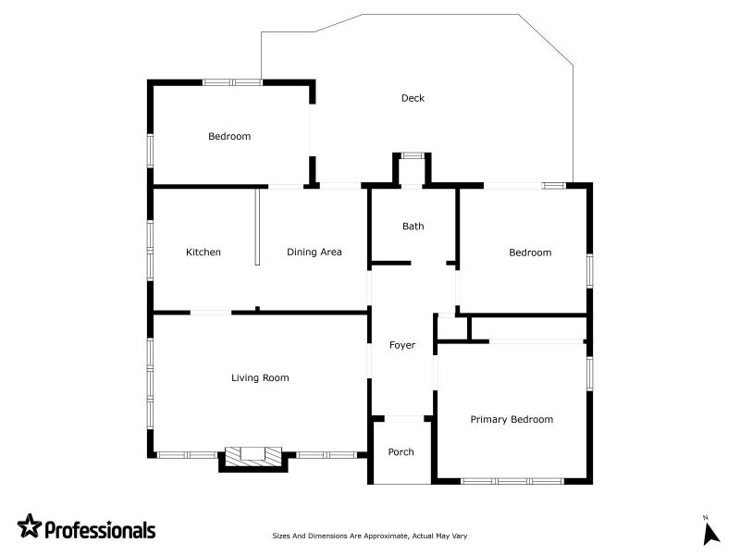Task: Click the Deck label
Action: [413, 98]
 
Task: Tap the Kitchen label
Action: [203, 252]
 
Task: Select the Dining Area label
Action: [314, 252]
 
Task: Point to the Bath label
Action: [413, 226]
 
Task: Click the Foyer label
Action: [402, 345]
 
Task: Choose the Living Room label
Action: [260, 377]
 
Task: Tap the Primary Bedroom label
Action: [512, 419]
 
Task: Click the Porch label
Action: [401, 451]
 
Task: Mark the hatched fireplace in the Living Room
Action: [253, 456]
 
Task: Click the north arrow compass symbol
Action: [710, 532]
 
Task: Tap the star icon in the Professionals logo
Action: [30, 525]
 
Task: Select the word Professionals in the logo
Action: [100, 529]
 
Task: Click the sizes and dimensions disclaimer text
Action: [369, 536]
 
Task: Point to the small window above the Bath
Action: [413, 155]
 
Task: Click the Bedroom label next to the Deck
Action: [229, 136]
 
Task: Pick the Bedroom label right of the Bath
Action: [530, 253]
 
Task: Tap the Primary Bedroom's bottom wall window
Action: [512, 481]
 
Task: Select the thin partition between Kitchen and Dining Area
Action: [257, 227]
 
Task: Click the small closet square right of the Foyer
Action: [452, 328]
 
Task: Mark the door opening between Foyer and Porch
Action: [404, 419]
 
